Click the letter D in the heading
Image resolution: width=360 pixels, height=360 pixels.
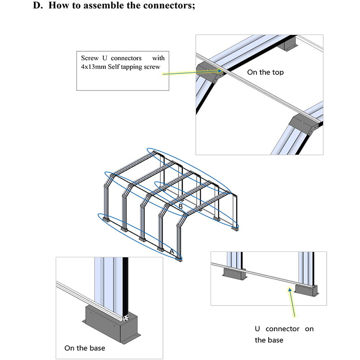(x=37, y=6)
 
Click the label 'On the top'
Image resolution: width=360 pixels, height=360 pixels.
(x=265, y=72)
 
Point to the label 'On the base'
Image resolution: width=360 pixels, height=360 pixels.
(x=85, y=348)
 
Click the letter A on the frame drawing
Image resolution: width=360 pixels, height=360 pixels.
(x=171, y=252)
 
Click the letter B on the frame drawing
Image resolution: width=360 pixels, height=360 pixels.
(x=180, y=206)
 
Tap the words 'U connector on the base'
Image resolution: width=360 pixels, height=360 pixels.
(x=284, y=334)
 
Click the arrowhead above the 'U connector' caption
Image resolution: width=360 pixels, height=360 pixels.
(x=288, y=290)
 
